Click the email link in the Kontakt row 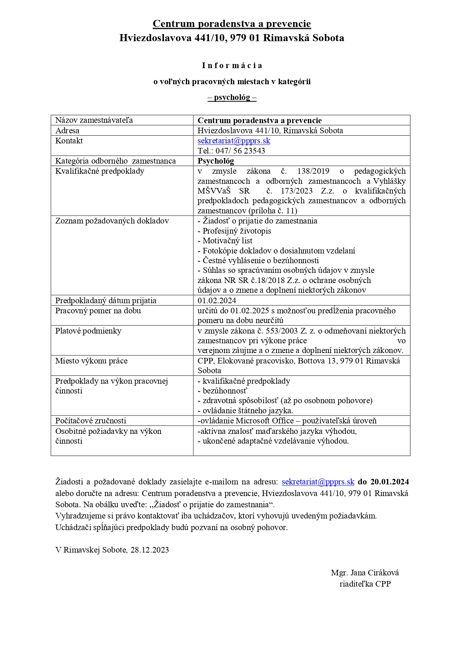click(233, 141)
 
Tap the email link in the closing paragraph click(318, 482)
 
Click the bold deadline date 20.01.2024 click(390, 482)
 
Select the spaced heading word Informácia click(232, 66)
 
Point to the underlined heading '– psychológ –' click(232, 97)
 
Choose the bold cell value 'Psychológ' click(216, 161)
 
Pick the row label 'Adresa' click(67, 131)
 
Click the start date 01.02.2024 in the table click(217, 301)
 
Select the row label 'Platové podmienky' click(88, 331)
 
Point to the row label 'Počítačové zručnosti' click(91, 421)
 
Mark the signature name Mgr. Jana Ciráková click(365, 573)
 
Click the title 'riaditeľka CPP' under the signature click(365, 584)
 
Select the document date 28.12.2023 click(150, 550)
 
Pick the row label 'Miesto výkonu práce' click(91, 361)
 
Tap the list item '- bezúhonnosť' click(222, 391)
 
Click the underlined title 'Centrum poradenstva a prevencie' click(232, 24)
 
